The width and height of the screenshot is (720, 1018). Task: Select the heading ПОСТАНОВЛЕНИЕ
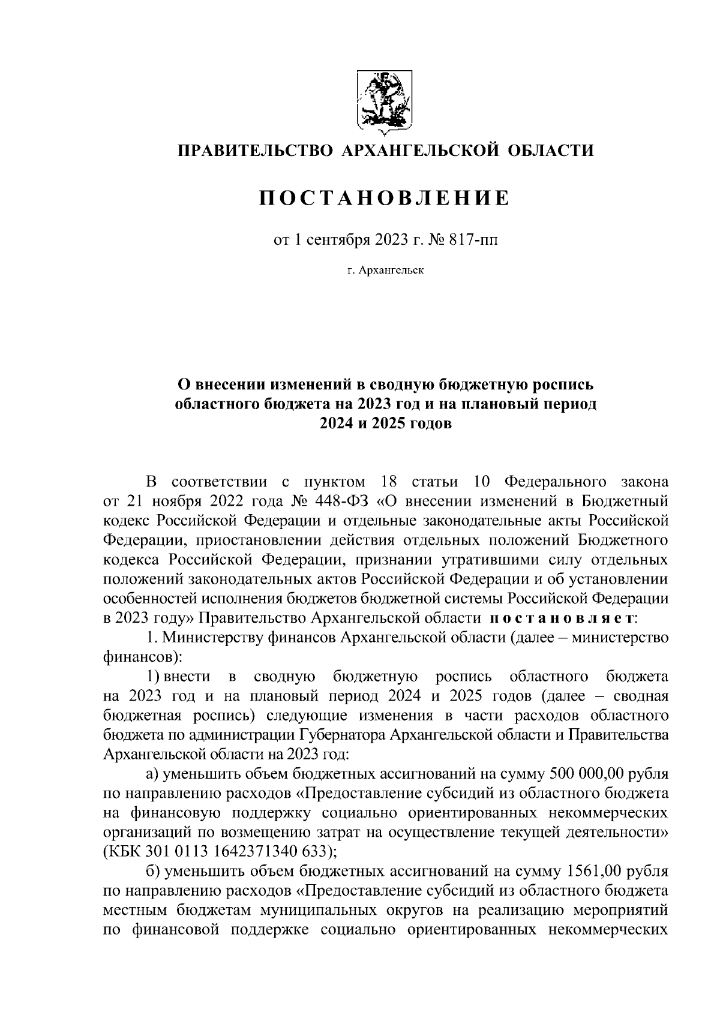(x=384, y=199)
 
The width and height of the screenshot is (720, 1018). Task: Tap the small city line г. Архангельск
(x=385, y=271)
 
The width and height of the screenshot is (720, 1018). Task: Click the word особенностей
(x=160, y=598)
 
